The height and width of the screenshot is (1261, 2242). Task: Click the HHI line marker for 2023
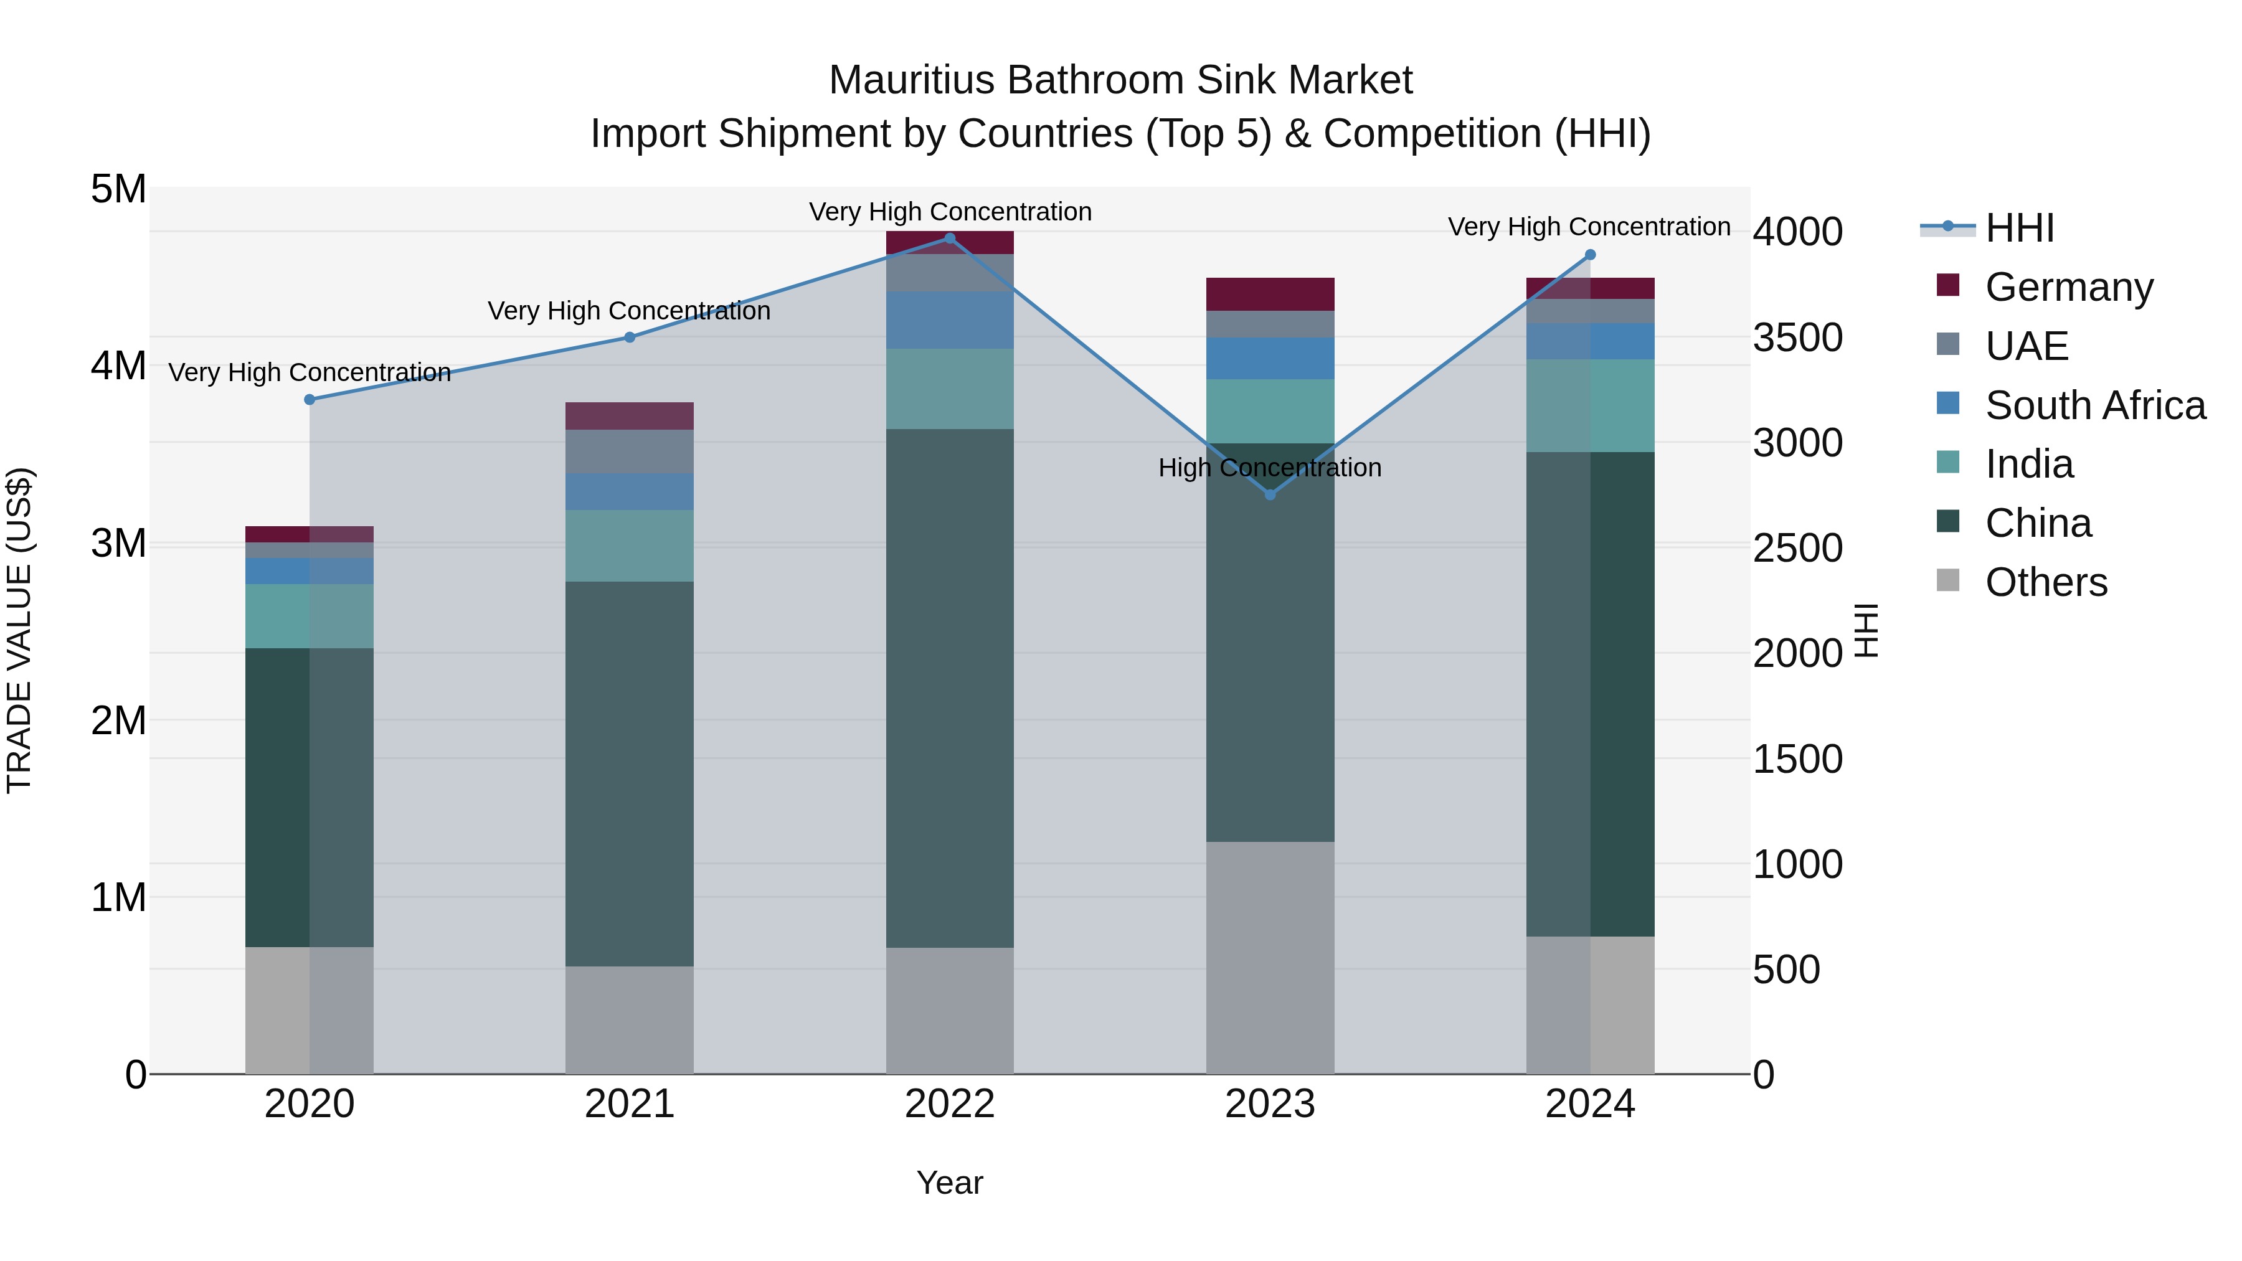click(1270, 494)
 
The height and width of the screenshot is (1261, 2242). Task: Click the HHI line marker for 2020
click(309, 399)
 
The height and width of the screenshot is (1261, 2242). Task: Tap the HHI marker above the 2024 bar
click(1590, 255)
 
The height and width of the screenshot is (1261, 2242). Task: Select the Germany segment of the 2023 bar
click(1270, 294)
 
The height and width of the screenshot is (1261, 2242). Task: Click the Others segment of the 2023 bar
click(1270, 957)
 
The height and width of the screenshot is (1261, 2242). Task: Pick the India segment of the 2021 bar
click(629, 545)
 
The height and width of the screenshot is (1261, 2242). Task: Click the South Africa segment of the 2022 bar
click(950, 320)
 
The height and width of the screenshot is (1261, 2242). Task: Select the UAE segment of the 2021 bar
click(629, 451)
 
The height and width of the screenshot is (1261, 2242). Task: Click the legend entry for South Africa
click(2095, 405)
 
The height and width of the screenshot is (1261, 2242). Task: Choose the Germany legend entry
click(2069, 287)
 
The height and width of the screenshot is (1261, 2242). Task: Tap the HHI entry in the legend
click(2019, 228)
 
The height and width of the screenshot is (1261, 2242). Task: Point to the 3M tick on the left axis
click(118, 543)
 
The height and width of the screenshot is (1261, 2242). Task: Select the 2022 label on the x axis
click(950, 1104)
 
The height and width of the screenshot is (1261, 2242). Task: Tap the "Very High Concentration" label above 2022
click(950, 212)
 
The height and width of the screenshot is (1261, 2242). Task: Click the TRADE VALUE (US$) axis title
click(20, 630)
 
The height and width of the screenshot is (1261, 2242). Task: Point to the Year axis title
click(950, 1183)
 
